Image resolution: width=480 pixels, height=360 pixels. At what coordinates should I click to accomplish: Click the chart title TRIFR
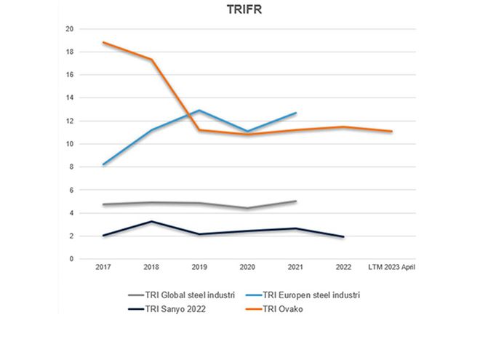[240, 12]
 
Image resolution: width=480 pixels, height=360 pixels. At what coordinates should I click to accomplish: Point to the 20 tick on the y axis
[70, 29]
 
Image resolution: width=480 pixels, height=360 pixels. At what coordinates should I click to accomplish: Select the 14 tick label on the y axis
[70, 97]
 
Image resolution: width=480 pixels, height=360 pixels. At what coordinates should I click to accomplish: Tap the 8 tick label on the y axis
[71, 167]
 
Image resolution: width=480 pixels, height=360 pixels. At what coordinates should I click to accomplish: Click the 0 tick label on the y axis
[71, 259]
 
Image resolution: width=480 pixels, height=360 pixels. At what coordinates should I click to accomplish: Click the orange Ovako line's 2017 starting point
[104, 42]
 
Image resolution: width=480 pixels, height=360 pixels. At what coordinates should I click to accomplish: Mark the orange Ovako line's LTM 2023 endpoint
[391, 132]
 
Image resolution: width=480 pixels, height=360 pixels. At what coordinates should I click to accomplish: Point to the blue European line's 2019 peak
[199, 111]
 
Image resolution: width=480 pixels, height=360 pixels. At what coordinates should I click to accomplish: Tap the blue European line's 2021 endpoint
[295, 113]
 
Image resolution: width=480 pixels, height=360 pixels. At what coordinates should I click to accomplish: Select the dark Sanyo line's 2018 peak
[151, 221]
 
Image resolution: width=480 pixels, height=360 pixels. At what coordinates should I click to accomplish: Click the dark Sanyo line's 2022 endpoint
[343, 236]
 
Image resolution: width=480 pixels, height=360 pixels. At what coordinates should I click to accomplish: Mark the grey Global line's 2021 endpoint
[295, 201]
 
